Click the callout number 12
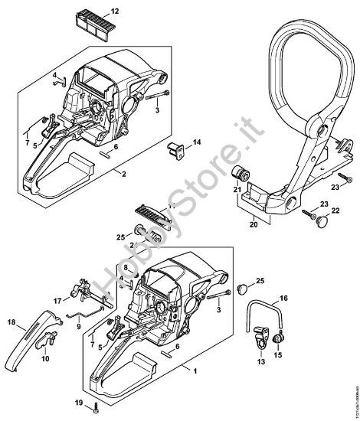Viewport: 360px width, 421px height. [115, 11]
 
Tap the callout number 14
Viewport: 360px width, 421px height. [196, 143]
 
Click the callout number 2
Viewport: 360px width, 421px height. [123, 174]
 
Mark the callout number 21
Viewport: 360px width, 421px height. [237, 189]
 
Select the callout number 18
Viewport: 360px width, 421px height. [11, 323]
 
